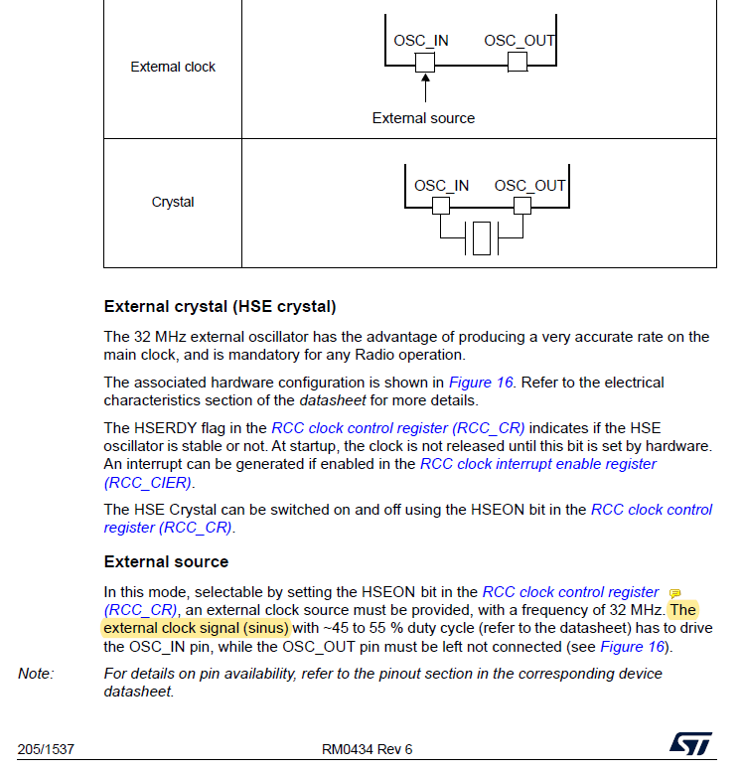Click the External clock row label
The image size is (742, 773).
point(173,68)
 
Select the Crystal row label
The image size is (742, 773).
point(173,203)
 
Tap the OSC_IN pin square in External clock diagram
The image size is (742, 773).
point(425,63)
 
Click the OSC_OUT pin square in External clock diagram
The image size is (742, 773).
point(517,63)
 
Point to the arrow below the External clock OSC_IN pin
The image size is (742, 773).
point(425,89)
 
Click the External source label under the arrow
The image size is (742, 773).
point(423,118)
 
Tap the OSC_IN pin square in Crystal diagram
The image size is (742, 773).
point(440,206)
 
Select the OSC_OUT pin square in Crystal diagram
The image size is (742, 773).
point(521,206)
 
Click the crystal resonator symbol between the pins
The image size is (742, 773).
point(482,238)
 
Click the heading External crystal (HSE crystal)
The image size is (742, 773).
point(220,306)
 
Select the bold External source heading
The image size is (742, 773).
point(166,561)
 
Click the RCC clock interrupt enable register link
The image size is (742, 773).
point(537,464)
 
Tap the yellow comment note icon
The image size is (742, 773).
point(674,594)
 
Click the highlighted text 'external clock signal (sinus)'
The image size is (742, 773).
point(196,628)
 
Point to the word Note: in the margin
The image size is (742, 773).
point(36,674)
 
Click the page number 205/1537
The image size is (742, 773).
point(39,749)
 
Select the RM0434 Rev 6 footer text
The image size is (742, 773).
point(367,749)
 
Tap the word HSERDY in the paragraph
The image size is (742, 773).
point(162,427)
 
